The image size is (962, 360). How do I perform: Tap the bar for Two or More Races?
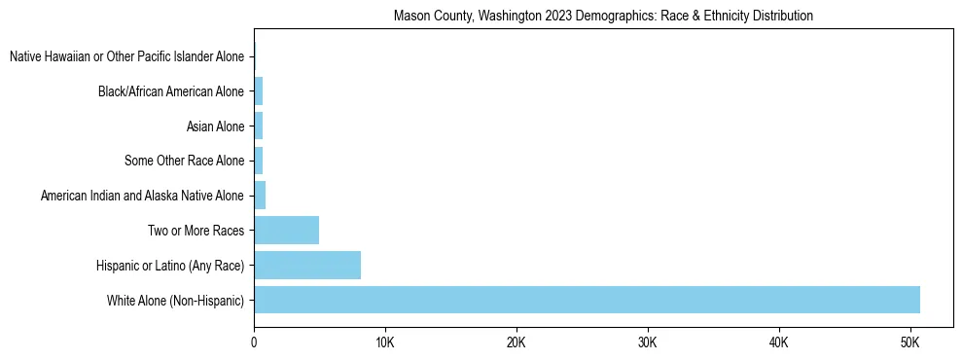tap(286, 231)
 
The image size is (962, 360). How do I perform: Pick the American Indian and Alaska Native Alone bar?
tap(260, 196)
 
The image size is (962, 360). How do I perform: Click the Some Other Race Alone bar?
tap(259, 161)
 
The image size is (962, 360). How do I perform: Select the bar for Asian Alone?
tap(259, 126)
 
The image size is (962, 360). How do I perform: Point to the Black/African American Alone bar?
tap(259, 91)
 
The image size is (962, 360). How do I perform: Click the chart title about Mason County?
tap(603, 17)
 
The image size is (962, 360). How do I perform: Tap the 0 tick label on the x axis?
tap(254, 342)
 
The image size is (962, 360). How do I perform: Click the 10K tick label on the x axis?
tap(385, 342)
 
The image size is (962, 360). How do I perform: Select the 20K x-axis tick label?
tap(517, 342)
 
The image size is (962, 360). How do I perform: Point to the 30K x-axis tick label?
tap(648, 342)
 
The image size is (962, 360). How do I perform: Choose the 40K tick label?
tap(779, 342)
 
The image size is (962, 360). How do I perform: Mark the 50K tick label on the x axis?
tap(909, 342)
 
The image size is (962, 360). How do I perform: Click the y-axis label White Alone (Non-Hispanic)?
tap(175, 301)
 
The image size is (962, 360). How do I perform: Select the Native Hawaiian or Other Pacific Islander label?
tap(126, 57)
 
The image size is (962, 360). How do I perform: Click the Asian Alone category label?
tap(215, 126)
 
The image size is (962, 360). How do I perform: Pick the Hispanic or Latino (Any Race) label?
tap(170, 266)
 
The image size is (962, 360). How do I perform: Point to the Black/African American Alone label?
tap(171, 92)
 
